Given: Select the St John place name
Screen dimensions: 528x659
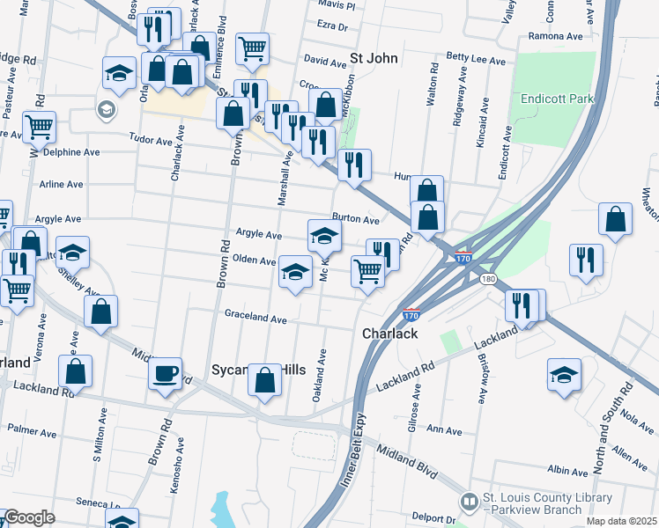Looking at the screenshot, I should point(375,59).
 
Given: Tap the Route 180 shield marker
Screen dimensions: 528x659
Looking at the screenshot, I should point(487,279).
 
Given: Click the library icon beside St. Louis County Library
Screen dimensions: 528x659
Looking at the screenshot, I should point(470,502).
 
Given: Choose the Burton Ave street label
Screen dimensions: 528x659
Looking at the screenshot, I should point(355,219).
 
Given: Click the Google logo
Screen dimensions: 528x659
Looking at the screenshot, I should point(29,517).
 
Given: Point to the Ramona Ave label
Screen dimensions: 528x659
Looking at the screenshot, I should point(556,37).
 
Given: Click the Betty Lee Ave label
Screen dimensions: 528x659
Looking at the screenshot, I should point(476,61).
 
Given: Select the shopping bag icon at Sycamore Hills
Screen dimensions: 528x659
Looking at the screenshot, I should point(264,380).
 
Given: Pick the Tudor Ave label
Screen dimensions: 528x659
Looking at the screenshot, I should point(151,140).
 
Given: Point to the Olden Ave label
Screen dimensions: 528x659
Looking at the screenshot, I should point(255,260).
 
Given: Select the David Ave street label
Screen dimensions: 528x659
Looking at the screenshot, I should point(325,62).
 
